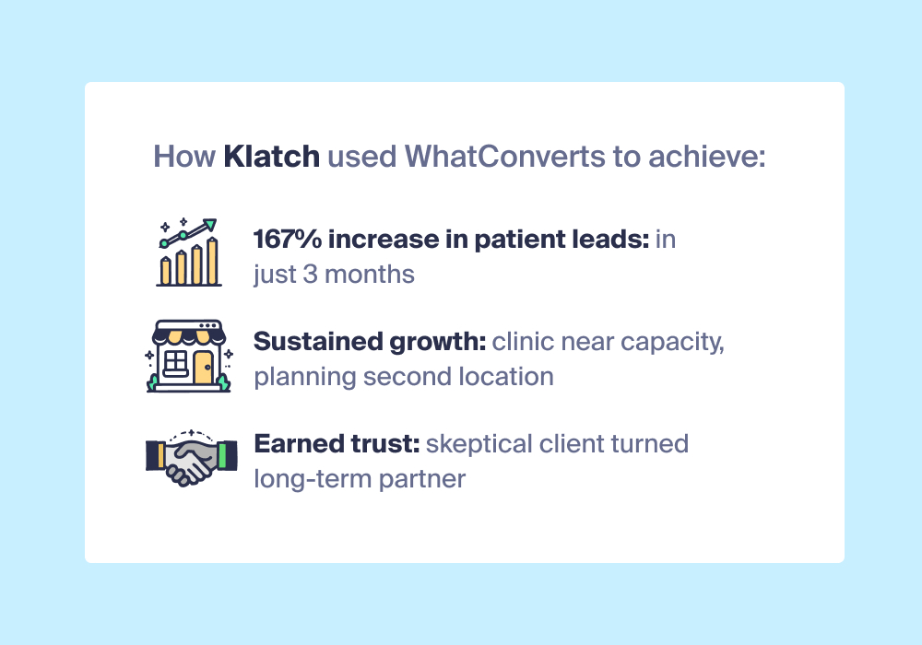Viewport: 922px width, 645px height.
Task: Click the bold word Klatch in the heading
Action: (x=272, y=157)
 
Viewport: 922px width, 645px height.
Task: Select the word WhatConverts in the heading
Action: (x=505, y=157)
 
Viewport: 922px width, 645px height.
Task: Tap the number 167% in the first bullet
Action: (x=288, y=239)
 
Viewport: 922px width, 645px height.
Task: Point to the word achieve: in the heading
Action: (x=707, y=157)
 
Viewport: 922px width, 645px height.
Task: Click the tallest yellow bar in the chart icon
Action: (x=213, y=262)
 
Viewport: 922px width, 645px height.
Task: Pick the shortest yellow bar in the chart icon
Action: (x=166, y=271)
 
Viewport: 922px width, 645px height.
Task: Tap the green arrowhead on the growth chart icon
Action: (x=210, y=225)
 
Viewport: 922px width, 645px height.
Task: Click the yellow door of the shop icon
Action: (x=203, y=368)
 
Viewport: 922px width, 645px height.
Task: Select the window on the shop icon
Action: (x=175, y=363)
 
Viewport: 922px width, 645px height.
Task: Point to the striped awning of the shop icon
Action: (x=189, y=336)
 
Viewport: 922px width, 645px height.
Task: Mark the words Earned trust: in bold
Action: (x=337, y=443)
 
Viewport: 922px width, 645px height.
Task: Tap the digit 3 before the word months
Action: (x=310, y=275)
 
